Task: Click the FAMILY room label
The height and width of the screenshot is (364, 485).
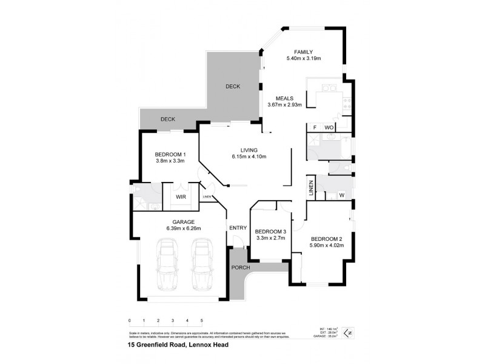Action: tap(304, 51)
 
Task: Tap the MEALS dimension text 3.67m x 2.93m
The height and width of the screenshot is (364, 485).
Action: tap(284, 105)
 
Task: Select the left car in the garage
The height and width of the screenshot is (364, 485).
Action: tap(167, 265)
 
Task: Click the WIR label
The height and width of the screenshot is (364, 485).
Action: tap(181, 197)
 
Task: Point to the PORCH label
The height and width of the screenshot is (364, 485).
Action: tap(239, 268)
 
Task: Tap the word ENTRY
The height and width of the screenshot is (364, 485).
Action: tap(238, 227)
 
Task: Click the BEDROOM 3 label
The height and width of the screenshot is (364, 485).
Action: tap(270, 232)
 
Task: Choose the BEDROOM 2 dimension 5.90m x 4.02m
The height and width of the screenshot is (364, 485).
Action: tap(327, 245)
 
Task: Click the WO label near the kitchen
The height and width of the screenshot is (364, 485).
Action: tap(329, 127)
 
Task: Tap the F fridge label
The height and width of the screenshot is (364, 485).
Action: tap(314, 127)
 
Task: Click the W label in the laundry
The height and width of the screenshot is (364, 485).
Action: tap(341, 195)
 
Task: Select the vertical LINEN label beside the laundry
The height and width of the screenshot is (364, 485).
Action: tap(311, 187)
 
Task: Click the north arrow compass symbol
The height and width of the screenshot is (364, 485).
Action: tap(347, 332)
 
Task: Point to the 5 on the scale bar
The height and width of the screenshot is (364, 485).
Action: tap(201, 320)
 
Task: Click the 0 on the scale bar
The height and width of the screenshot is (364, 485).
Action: tap(130, 320)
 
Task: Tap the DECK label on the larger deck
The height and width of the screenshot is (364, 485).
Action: tap(233, 86)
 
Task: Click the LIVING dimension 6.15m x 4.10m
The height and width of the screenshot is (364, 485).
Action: tap(249, 157)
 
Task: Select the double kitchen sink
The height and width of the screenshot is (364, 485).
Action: tap(328, 89)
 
